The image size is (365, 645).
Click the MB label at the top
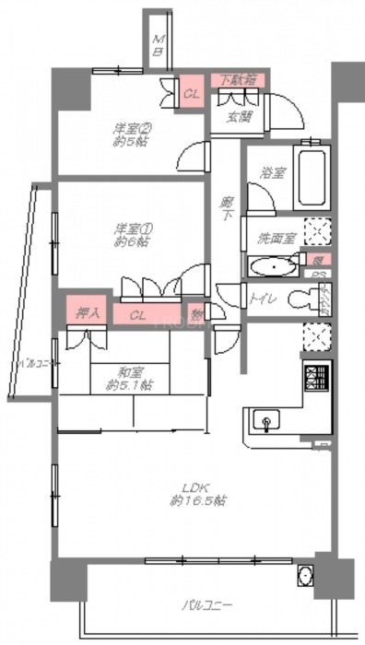pyautogui.click(x=158, y=46)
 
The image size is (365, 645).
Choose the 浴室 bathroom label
pyautogui.click(x=271, y=171)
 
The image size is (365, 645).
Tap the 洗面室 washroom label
pyautogui.click(x=277, y=238)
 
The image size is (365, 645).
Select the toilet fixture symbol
pyautogui.click(x=300, y=299)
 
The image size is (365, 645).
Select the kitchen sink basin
pyautogui.click(x=268, y=424)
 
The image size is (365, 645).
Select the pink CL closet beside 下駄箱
pyautogui.click(x=192, y=93)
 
